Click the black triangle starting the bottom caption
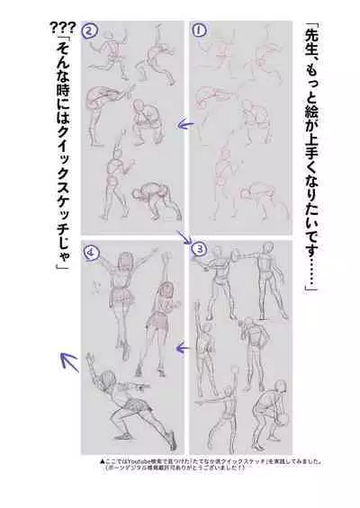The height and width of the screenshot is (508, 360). coord(105,459)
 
